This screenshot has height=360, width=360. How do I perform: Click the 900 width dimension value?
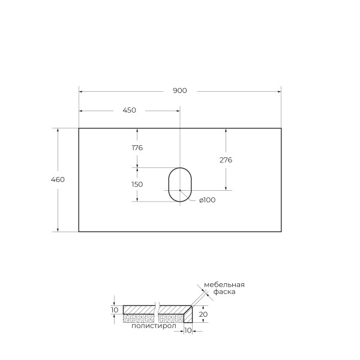[180, 91]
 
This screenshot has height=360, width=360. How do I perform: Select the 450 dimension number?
[129, 110]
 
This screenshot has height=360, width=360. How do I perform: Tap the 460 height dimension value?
[58, 179]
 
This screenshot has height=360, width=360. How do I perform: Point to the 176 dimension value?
[137, 148]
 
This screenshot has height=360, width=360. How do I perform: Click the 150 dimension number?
[137, 184]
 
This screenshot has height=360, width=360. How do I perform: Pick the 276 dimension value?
[226, 160]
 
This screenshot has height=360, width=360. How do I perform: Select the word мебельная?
[224, 284]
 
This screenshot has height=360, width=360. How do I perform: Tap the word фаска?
[223, 292]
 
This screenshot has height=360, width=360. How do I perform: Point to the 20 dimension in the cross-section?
[203, 314]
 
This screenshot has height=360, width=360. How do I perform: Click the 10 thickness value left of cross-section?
[115, 310]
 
